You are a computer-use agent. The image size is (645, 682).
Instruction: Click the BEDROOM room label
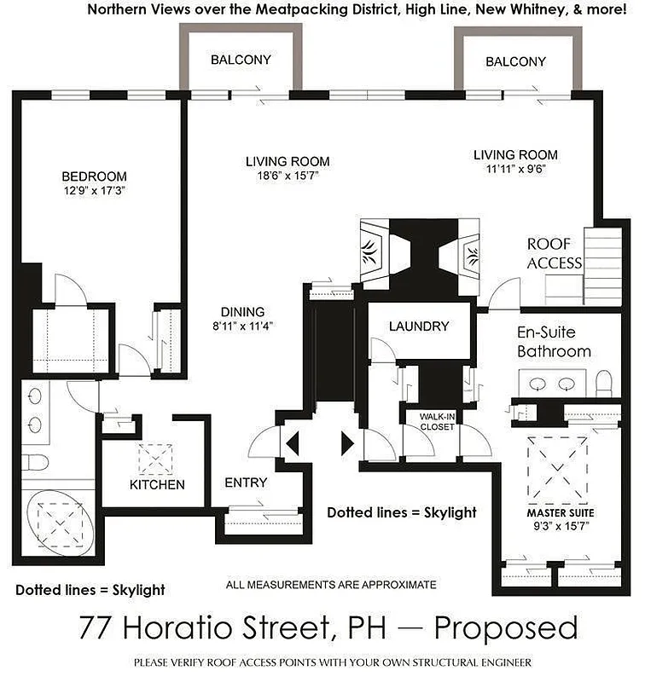tap(94, 176)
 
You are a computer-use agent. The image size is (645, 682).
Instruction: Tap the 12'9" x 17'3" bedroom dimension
tap(94, 191)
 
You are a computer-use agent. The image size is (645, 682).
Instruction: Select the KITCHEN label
tap(157, 485)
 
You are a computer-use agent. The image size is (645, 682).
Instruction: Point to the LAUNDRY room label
tap(418, 326)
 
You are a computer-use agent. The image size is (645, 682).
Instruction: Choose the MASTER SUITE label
tap(559, 513)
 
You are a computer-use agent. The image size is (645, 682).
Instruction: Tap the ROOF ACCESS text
tap(554, 253)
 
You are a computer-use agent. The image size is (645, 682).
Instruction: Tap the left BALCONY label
tap(241, 61)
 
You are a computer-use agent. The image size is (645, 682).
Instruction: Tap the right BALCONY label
tap(515, 61)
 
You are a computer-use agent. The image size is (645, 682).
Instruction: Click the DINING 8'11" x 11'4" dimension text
tap(243, 325)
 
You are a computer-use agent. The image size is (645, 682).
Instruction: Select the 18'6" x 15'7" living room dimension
tap(287, 176)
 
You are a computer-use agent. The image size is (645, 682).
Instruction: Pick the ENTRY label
tap(246, 483)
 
